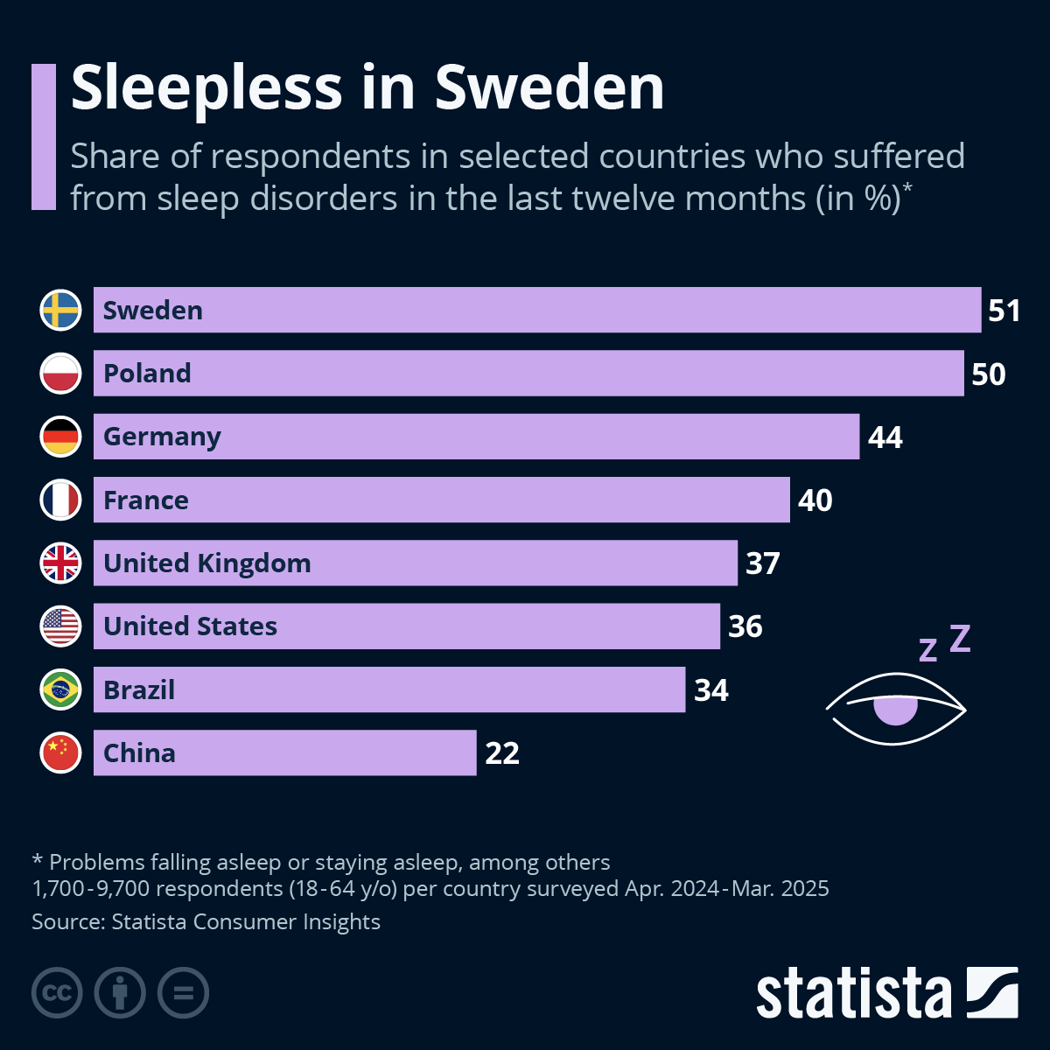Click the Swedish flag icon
60,310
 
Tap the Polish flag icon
60,374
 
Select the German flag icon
60,437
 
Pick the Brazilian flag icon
60,689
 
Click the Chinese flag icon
60,752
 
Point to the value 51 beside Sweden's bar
1004,311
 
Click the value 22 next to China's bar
502,753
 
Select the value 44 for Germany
885,437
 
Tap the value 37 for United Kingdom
762,563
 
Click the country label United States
190,626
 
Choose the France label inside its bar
145,500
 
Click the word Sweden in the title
549,87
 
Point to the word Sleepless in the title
206,87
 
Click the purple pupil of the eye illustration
895,710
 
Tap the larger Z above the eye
960,639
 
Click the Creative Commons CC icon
57,993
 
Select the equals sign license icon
183,993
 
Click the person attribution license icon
120,993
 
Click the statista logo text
853,994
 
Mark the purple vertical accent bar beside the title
43,136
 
